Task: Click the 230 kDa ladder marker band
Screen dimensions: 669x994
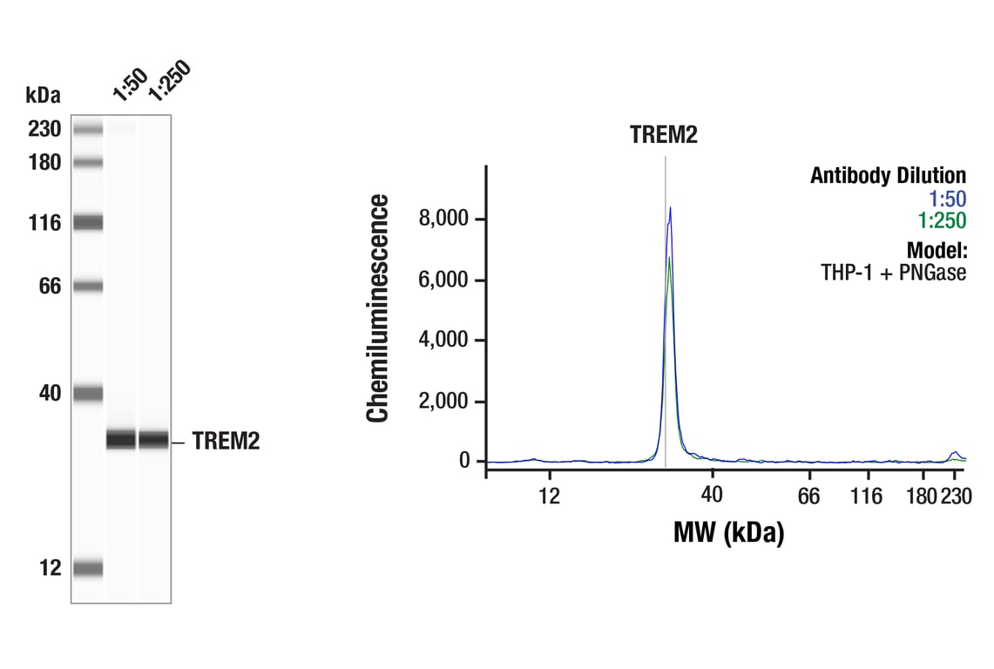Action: [x=88, y=130]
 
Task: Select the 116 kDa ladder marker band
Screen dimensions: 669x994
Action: [x=88, y=223]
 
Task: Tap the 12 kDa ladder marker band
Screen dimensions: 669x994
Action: [x=88, y=569]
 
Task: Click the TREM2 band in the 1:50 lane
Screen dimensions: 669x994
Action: [x=121, y=440]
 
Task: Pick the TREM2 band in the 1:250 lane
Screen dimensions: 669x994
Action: [x=153, y=440]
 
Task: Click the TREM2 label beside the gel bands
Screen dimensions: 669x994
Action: [x=226, y=443]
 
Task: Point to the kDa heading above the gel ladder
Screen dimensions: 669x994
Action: [x=43, y=95]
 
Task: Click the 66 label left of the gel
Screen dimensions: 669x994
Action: [x=49, y=286]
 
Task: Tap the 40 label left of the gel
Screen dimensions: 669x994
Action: [x=49, y=394]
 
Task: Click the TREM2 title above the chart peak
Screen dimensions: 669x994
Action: [x=665, y=135]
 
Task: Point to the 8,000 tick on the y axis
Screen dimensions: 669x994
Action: [x=444, y=219]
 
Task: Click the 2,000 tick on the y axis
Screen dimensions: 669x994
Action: [x=444, y=402]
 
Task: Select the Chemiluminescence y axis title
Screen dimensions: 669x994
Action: [x=378, y=309]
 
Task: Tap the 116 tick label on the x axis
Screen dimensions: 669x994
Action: [x=866, y=497]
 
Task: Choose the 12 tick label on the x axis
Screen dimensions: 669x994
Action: [x=550, y=497]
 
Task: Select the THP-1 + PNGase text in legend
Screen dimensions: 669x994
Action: [x=893, y=272]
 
